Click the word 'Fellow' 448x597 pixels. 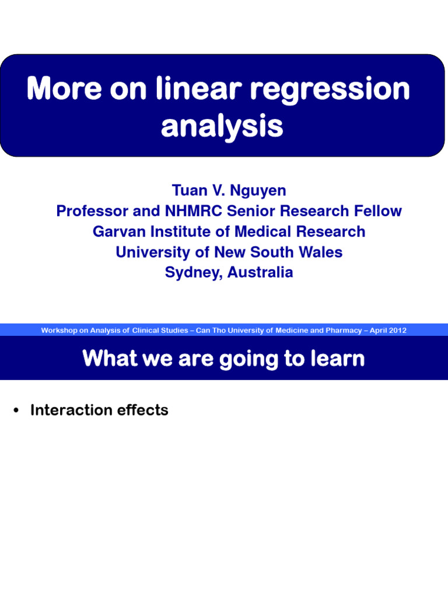tap(377, 211)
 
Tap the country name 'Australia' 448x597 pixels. tap(260, 272)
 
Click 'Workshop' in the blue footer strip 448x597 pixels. tap(58, 331)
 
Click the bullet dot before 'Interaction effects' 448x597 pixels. tap(17, 411)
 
